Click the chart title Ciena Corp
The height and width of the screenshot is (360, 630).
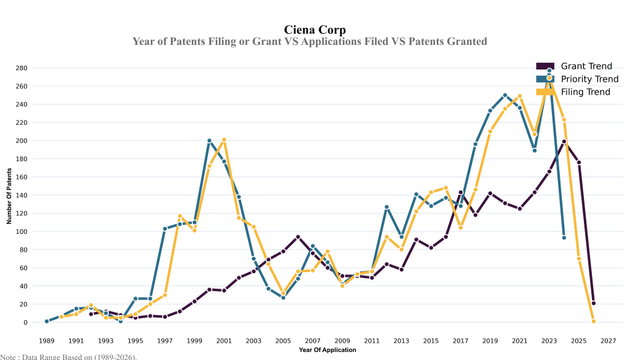point(314,30)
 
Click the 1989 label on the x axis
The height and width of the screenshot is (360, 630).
point(47,340)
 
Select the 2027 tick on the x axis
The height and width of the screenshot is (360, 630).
point(608,340)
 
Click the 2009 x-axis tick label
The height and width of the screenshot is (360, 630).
point(342,340)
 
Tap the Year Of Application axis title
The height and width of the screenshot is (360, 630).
point(327,350)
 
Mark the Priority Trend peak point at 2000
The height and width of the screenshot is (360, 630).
point(209,141)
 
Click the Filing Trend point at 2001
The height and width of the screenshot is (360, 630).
point(224,140)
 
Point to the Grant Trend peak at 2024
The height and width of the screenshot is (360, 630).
point(564,142)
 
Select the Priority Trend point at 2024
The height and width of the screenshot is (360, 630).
point(564,238)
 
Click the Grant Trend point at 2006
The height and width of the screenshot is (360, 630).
point(298,237)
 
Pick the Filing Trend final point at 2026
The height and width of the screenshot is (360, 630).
point(594,321)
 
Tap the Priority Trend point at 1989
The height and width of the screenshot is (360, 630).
point(47,321)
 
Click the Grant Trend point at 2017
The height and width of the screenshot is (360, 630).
point(461,192)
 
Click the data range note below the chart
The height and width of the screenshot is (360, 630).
point(68,356)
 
